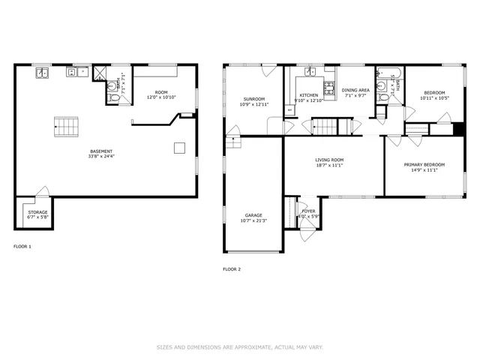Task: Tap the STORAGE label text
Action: tap(37, 212)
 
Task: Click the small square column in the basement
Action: tap(179, 148)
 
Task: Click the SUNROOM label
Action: tap(253, 99)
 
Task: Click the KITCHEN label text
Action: tap(309, 96)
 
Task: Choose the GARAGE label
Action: tap(253, 215)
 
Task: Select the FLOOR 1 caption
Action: tap(22, 246)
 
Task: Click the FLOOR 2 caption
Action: tap(231, 268)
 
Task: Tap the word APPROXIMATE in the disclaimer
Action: tap(250, 347)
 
